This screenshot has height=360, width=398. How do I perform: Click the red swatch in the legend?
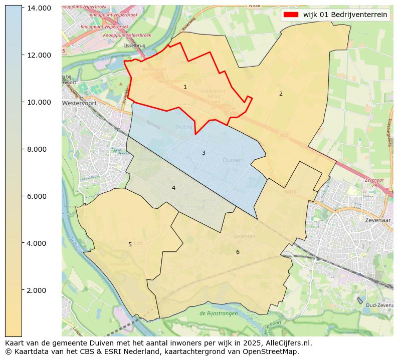[x=291, y=15]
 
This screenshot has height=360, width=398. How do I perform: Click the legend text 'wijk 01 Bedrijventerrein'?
[x=345, y=15]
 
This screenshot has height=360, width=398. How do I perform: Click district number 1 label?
[x=185, y=87]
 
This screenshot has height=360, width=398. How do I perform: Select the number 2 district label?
[x=281, y=94]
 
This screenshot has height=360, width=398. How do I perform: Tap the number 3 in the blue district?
[x=204, y=153]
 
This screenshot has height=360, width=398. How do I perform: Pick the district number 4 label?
[x=173, y=188]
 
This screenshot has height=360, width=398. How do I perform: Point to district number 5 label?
[x=130, y=244]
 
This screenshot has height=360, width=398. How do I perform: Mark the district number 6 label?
[x=238, y=252]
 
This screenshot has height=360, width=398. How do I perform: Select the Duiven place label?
[x=232, y=160]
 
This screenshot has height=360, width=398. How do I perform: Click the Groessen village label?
[x=244, y=236]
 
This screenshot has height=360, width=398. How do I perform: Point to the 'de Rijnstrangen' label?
[x=220, y=313]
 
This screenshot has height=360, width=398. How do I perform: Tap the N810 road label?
[x=291, y=191]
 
